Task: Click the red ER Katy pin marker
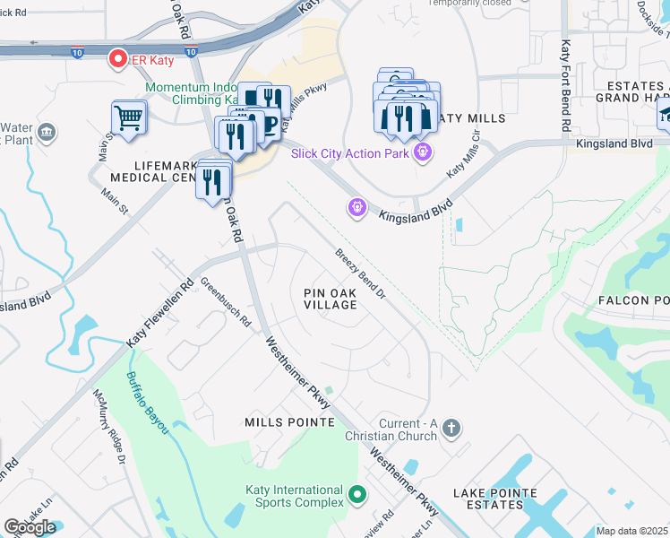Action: [x=117, y=59]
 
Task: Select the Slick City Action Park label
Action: [x=348, y=152]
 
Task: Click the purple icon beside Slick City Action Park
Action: [x=422, y=152]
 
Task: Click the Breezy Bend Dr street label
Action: [x=361, y=273]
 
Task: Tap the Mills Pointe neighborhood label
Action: [x=289, y=421]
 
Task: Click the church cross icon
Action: [x=451, y=429]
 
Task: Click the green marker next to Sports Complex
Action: [x=357, y=494]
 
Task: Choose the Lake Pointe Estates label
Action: [x=495, y=499]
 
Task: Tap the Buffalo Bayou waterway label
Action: [x=147, y=403]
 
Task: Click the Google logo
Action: [x=30, y=527]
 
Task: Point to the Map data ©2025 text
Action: [x=632, y=531]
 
